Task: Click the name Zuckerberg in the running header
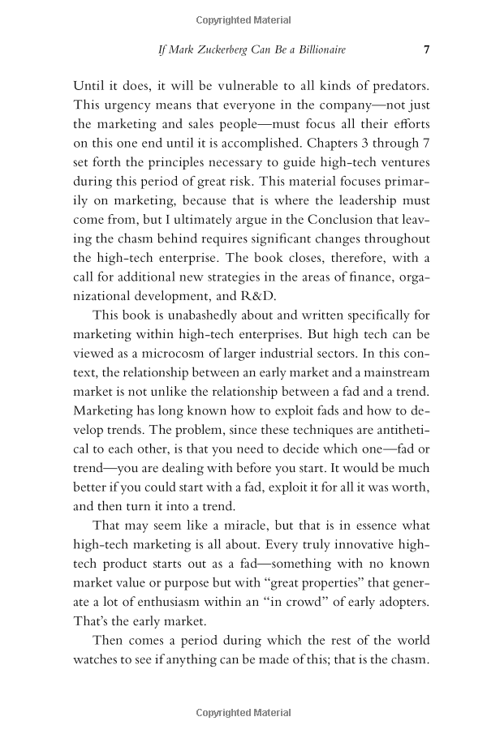point(227,49)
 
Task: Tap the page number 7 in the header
point(427,49)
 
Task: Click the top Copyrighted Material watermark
point(243,20)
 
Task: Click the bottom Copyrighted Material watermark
point(243,713)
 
